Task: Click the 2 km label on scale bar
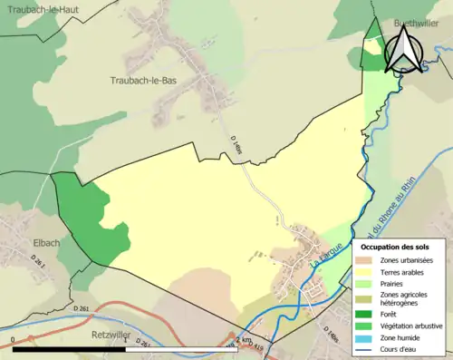243,340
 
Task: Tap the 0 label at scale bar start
14,340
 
